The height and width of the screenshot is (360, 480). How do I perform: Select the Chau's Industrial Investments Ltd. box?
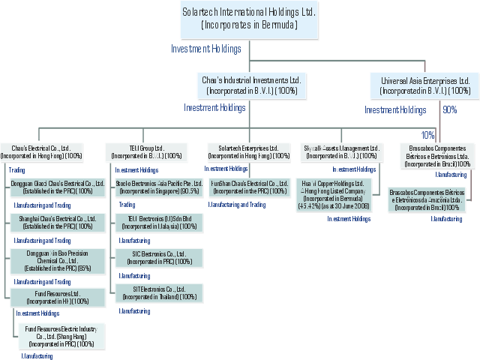point(251,85)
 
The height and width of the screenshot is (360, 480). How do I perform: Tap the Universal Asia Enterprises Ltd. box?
point(424,85)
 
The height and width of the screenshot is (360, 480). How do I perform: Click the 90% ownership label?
point(449,109)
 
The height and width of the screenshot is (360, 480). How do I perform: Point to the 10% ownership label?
point(427,135)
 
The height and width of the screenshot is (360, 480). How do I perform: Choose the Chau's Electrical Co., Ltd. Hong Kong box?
point(42,151)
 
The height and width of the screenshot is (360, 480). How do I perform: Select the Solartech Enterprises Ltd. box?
point(248,151)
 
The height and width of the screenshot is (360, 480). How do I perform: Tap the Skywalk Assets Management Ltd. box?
point(340,151)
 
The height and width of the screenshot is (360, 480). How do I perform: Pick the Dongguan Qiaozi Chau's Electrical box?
point(58,187)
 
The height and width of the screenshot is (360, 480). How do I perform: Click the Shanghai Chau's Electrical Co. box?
point(58,223)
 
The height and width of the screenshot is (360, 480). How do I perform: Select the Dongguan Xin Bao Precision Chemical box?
point(58,259)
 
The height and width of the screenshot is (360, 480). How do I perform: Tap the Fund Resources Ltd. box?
point(58,296)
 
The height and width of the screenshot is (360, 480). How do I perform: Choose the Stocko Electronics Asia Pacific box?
point(158,187)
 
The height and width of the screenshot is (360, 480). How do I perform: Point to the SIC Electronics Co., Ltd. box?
point(158,258)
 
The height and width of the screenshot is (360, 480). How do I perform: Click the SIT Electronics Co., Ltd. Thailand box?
point(158,292)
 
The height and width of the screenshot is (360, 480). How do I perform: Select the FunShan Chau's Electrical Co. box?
point(249,187)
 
